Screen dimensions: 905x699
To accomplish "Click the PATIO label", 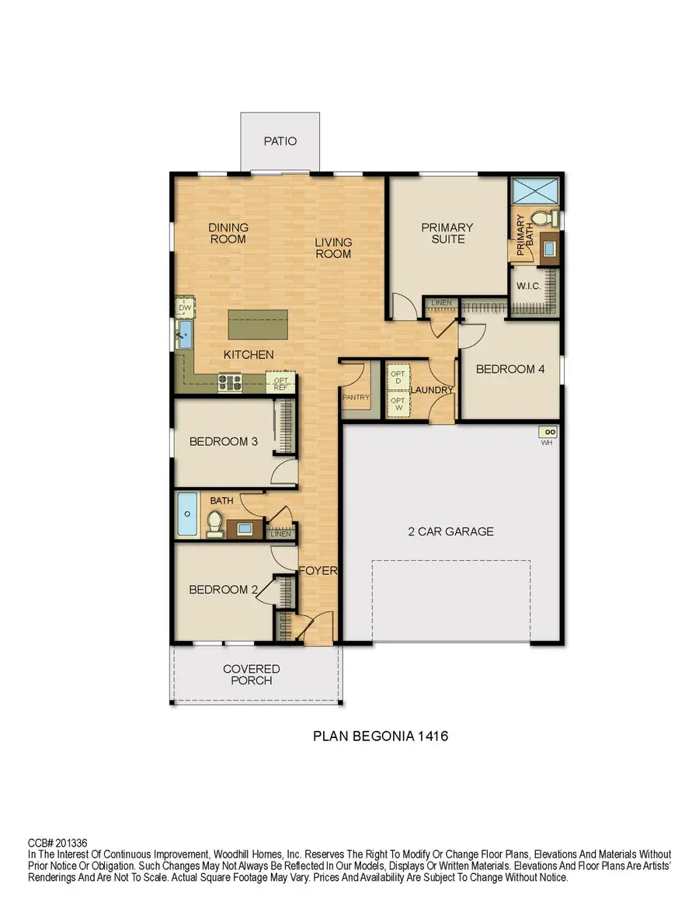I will coord(280,141).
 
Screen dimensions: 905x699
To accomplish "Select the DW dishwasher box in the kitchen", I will coord(184,308).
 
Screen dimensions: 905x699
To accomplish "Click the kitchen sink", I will coord(185,336).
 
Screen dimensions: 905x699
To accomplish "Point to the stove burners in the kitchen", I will coord(231,381).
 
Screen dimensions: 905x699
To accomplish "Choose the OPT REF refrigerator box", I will coord(280,381).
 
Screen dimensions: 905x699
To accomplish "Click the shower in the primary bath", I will coord(534,190).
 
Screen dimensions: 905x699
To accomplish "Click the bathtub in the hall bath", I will coord(187,514).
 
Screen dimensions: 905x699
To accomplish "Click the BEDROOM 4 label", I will coord(510,369).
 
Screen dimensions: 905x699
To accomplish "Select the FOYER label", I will coord(318,571).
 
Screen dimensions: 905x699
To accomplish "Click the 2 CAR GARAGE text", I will coord(450,532).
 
